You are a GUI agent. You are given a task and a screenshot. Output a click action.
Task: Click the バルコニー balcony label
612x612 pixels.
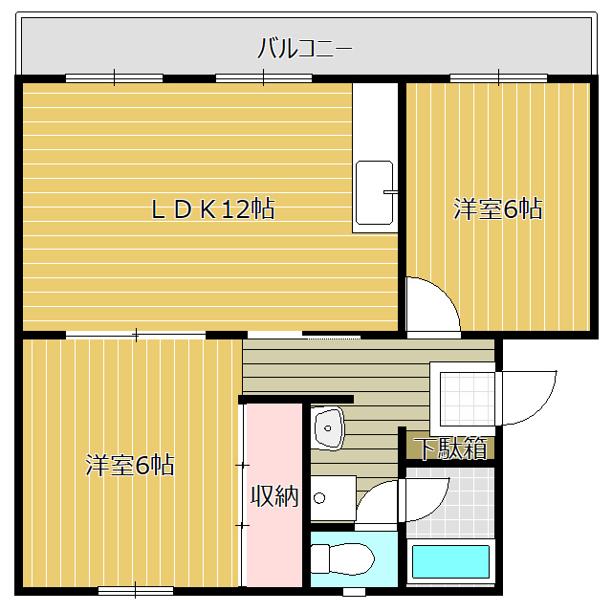coord(304,48)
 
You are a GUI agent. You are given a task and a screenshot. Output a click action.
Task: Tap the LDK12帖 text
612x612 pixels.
coord(213,208)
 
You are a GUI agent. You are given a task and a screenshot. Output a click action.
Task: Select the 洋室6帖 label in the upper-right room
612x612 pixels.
coord(497,208)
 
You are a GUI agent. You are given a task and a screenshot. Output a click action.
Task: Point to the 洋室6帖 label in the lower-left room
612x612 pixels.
coord(130,465)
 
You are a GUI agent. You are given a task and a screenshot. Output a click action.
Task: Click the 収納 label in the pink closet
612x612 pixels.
coord(274,496)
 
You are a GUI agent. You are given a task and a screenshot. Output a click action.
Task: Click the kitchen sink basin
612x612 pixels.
coord(374,193)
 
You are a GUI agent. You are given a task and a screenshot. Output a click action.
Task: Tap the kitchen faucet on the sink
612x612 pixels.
coord(390,192)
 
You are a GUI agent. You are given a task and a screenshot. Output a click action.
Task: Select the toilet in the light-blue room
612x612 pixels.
coord(342,558)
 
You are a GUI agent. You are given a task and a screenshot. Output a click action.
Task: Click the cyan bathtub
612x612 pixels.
coord(450,561)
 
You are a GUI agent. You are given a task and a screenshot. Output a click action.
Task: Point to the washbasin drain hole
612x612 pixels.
coord(328,428)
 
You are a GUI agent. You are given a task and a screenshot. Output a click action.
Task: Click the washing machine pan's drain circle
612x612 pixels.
coord(319,498)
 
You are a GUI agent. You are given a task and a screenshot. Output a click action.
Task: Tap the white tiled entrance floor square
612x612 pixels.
coord(468,399)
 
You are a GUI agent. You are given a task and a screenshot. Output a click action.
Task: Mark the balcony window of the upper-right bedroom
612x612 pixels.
coord(498,77)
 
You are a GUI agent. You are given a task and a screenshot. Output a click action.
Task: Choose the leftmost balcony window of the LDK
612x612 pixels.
coord(114,77)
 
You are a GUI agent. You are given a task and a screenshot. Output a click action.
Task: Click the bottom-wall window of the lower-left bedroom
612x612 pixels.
coord(136,591)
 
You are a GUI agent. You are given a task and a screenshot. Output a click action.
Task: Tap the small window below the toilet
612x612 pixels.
coord(354,592)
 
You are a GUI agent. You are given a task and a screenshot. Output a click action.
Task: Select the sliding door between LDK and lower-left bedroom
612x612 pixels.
coord(136,335)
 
